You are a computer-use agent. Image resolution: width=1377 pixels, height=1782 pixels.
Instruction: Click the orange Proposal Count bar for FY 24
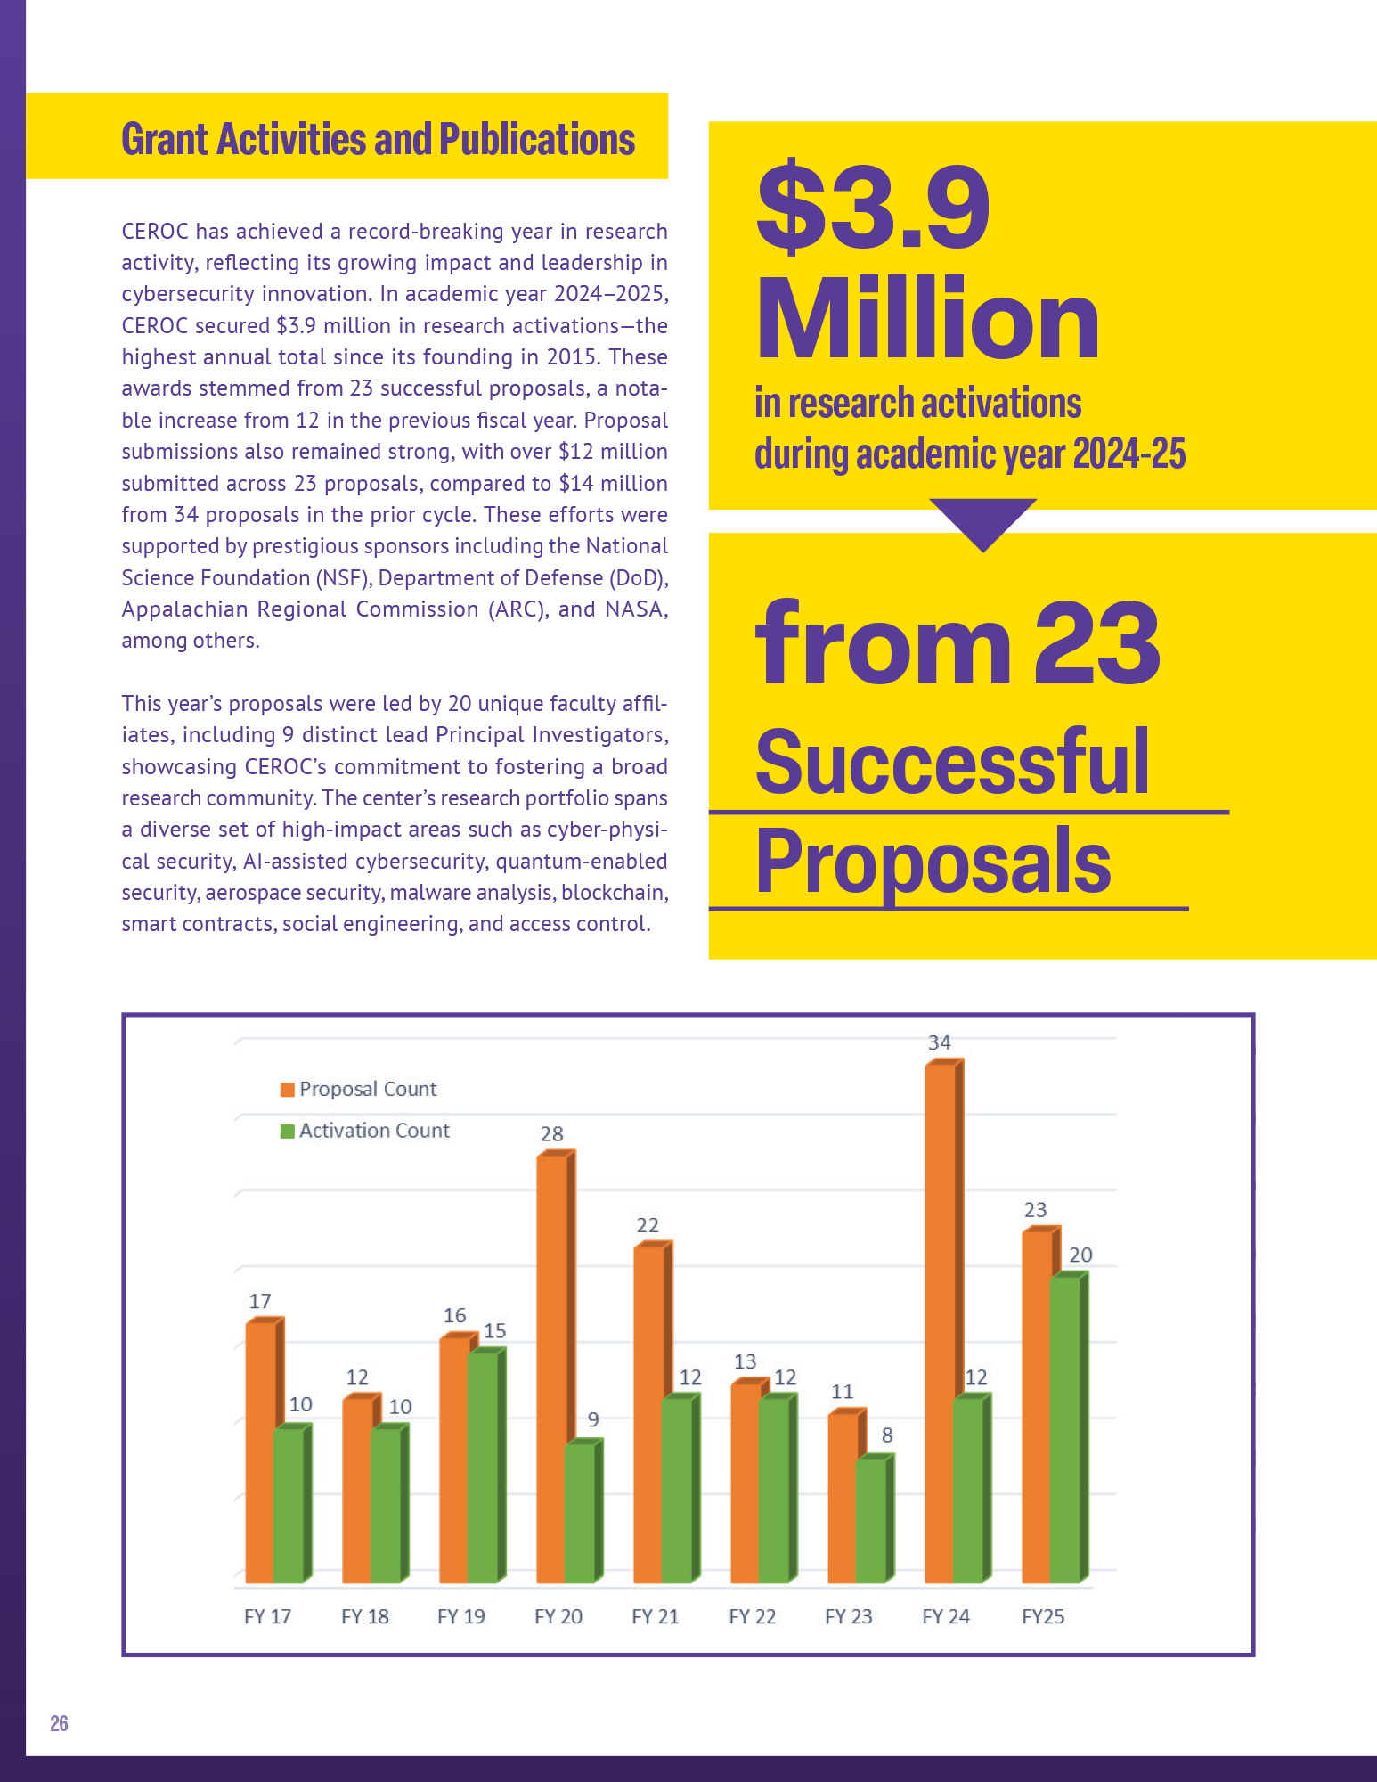coord(941,1319)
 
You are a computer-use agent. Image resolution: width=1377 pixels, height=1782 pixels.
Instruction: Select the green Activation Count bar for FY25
coord(1065,1426)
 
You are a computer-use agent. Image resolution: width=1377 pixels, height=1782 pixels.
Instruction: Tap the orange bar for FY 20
coord(552,1363)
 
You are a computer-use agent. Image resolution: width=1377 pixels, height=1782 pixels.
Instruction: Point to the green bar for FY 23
coord(871,1519)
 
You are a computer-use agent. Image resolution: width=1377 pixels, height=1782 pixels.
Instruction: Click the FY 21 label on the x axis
coord(655,1616)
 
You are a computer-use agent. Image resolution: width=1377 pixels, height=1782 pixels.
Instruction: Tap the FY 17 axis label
coord(267,1616)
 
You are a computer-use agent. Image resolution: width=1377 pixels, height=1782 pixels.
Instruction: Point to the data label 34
coord(939,1042)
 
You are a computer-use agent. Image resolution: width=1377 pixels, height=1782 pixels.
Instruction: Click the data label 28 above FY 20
coord(551,1134)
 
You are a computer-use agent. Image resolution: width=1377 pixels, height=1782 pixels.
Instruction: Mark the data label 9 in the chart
coord(593,1419)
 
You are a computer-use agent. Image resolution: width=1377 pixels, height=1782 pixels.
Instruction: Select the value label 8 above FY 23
coord(887,1435)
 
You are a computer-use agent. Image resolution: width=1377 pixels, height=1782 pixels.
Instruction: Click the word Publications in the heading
coord(536,140)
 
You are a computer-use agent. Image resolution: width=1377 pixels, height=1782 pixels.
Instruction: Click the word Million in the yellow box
coord(927,319)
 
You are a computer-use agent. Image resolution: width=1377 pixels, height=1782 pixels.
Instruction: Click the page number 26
coord(59,1723)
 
